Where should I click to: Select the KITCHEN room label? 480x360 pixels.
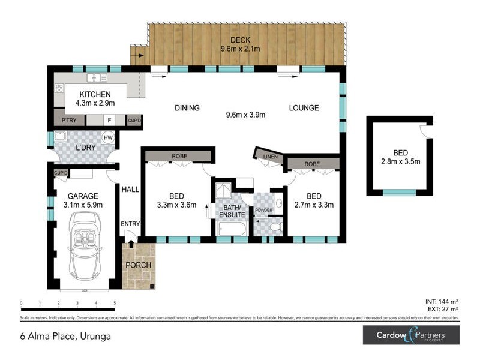click(94, 94)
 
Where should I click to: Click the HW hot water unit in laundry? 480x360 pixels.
click(109, 138)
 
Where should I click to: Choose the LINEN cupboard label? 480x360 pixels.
click(271, 157)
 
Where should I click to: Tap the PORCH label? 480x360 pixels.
click(138, 265)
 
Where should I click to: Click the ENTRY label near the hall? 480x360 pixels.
click(130, 224)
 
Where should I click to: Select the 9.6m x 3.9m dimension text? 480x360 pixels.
click(245, 115)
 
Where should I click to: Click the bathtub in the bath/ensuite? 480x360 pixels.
click(232, 229)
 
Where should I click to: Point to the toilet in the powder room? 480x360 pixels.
click(275, 227)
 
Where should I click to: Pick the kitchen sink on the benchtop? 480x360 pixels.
click(96, 79)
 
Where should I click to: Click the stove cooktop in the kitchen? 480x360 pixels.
click(59, 88)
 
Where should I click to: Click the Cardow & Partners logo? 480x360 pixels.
click(410, 335)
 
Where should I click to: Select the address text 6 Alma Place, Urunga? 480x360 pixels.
click(64, 336)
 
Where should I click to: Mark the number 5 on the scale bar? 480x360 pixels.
click(115, 303)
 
